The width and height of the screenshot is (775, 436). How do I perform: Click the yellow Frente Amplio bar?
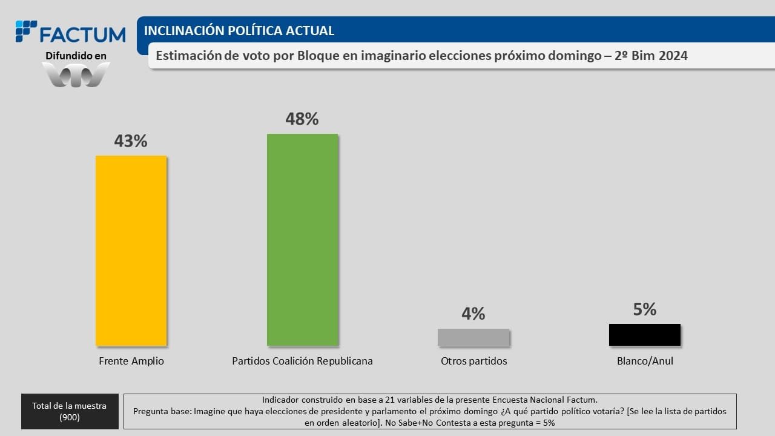tap(131, 251)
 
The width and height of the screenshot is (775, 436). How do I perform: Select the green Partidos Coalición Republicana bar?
tap(302, 240)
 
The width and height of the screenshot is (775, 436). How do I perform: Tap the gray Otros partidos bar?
tap(473, 337)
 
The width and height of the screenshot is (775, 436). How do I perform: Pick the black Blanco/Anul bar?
tap(644, 335)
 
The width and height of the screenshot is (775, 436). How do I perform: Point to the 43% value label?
tap(131, 141)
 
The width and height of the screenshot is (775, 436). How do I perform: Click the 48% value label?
tap(302, 119)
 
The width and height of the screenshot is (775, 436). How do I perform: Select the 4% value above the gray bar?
tap(473, 314)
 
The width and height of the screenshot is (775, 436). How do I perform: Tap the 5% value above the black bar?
tap(645, 309)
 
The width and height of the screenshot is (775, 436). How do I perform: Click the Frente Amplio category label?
tap(131, 361)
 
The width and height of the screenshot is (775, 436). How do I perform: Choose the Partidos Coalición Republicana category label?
tap(302, 361)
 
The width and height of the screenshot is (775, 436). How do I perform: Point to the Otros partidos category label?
tap(473, 361)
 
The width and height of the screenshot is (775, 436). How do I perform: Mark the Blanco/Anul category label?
tap(645, 361)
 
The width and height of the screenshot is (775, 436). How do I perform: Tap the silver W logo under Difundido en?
tap(76, 74)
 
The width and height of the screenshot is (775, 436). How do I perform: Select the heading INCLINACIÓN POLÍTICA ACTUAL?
tap(239, 31)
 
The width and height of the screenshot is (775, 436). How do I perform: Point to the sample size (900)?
tap(69, 417)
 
